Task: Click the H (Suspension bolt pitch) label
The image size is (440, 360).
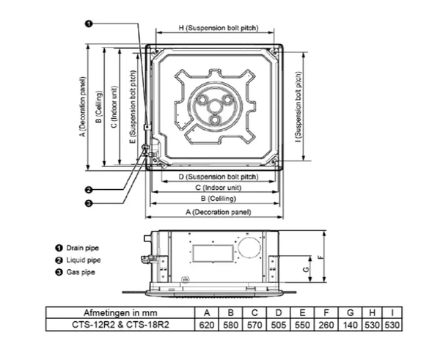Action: click(x=219, y=28)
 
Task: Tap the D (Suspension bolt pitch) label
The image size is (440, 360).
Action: click(x=219, y=177)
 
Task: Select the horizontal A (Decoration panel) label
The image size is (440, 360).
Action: click(x=219, y=212)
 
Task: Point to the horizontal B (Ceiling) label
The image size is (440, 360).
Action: click(x=219, y=199)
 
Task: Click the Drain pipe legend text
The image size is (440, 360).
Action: click(x=82, y=248)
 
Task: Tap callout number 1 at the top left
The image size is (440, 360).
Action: click(x=89, y=24)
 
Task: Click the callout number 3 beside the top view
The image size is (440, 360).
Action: click(x=89, y=203)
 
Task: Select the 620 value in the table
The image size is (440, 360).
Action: click(x=207, y=325)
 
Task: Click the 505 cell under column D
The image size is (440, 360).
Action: click(x=279, y=325)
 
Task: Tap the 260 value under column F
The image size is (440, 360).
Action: click(x=326, y=325)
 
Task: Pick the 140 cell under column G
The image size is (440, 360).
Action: click(x=350, y=325)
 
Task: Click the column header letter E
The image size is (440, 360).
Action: click(x=302, y=312)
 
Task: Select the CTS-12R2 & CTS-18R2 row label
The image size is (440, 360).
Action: click(x=120, y=325)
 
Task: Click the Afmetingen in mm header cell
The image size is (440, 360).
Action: click(x=120, y=312)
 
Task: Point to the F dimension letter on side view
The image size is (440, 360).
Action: click(x=322, y=257)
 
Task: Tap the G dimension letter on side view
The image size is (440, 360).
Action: click(x=306, y=269)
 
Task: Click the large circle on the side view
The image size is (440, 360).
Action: click(x=238, y=248)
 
